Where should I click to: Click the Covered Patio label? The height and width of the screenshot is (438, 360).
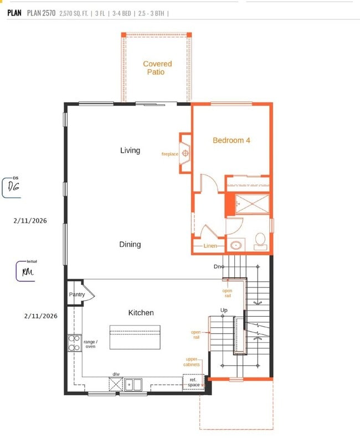coord(157,68)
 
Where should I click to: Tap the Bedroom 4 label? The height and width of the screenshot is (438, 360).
coord(232,141)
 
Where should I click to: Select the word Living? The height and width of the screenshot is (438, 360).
coord(130,151)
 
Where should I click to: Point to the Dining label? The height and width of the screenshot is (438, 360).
coord(130,245)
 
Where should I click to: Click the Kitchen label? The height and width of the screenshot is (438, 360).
coord(141,313)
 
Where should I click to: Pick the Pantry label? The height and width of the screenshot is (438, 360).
coord(77,295)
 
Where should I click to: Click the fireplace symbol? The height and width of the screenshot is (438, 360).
coord(186,153)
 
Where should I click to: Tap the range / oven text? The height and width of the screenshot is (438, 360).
coord(90,344)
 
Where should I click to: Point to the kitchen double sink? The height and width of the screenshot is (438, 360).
coord(133,384)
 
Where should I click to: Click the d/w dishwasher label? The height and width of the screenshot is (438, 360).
coord(116,374)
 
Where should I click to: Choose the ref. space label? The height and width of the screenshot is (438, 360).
coord(193,382)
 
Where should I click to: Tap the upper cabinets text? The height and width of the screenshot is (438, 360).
coord(193,362)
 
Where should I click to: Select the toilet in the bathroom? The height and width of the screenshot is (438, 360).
coord(260,240)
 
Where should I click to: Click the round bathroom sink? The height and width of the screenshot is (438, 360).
coord(236,244)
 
